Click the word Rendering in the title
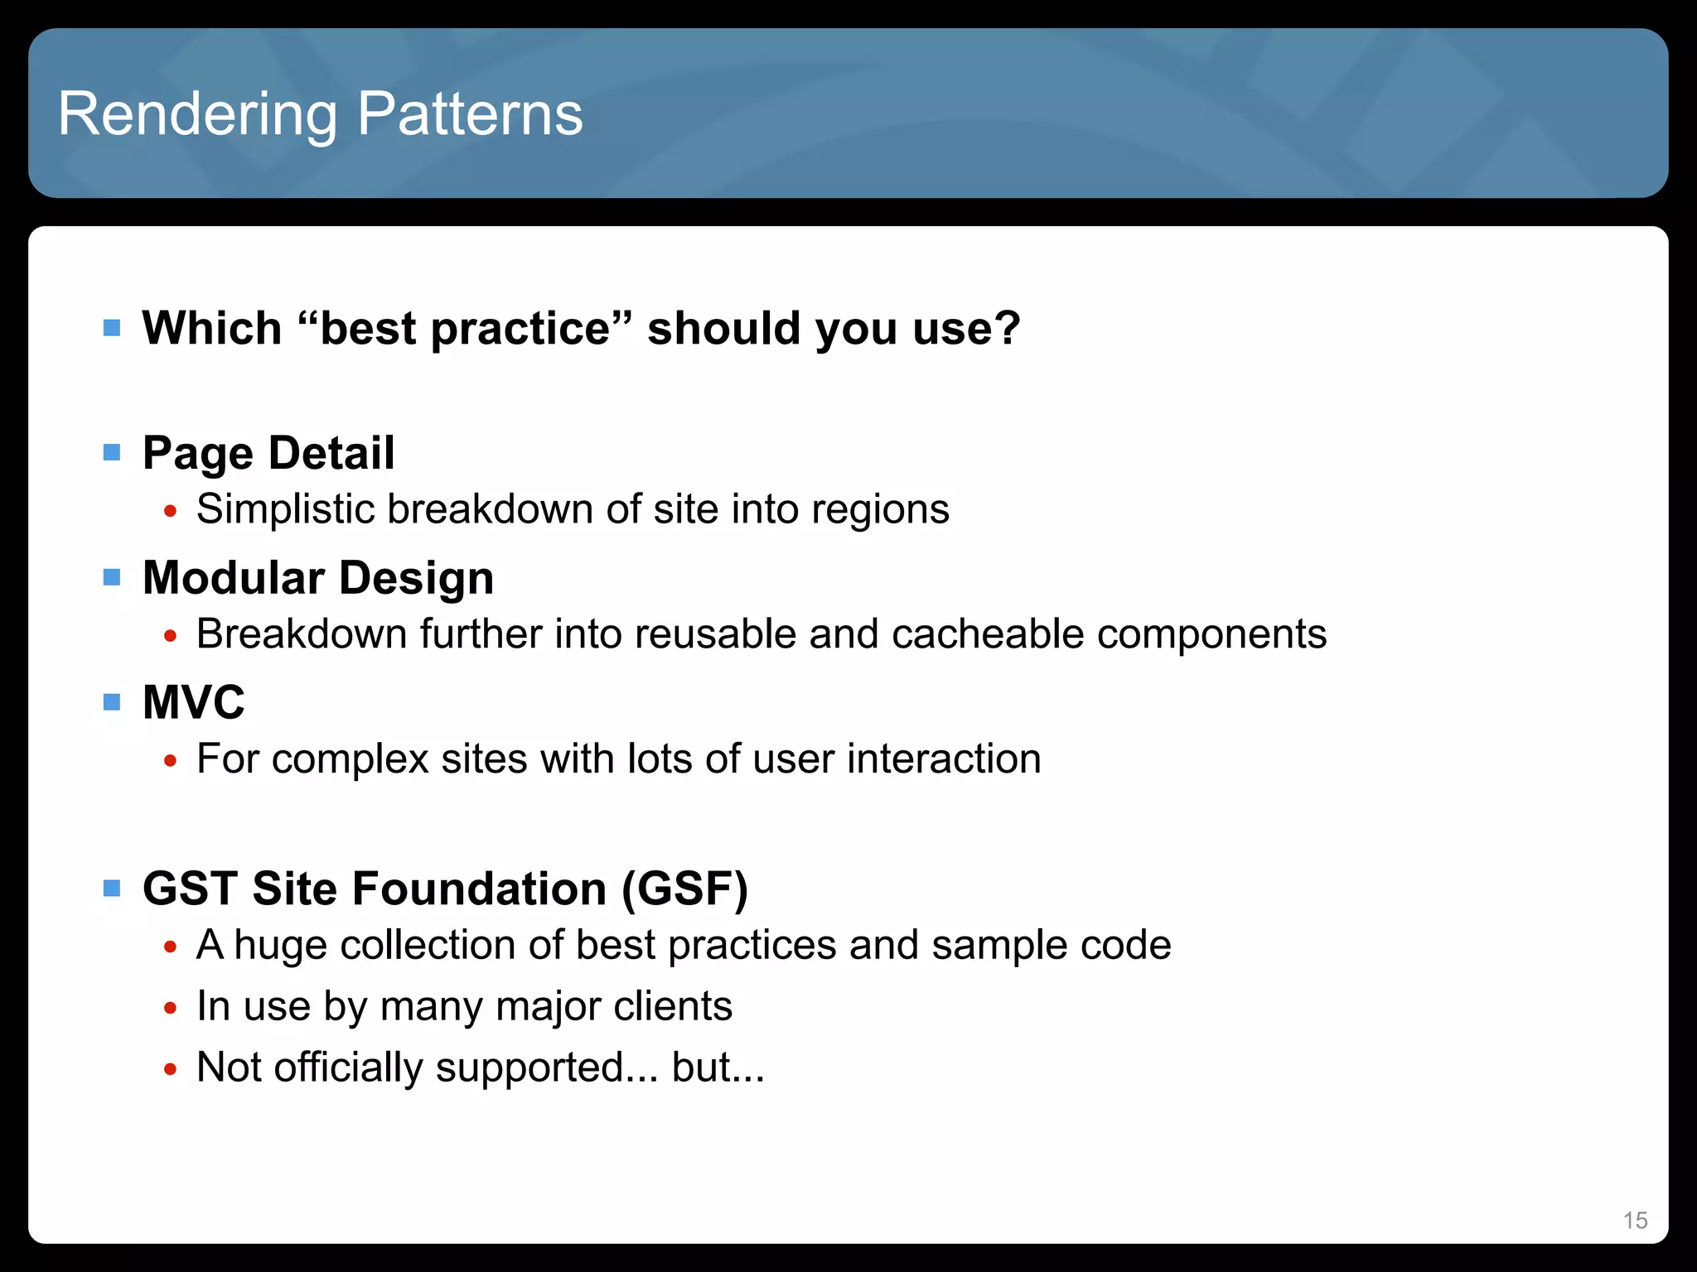(x=197, y=114)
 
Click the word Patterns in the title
(x=470, y=114)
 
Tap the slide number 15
(x=1635, y=1221)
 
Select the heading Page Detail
(x=268, y=453)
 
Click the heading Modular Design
(x=318, y=578)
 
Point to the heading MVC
(x=194, y=702)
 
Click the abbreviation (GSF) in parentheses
(x=684, y=889)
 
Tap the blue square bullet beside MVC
(x=112, y=702)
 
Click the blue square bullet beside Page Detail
(x=112, y=452)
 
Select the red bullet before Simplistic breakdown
(x=171, y=511)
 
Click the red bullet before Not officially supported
(x=171, y=1069)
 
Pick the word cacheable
(x=988, y=634)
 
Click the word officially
(x=348, y=1067)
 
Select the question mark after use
(x=1006, y=328)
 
